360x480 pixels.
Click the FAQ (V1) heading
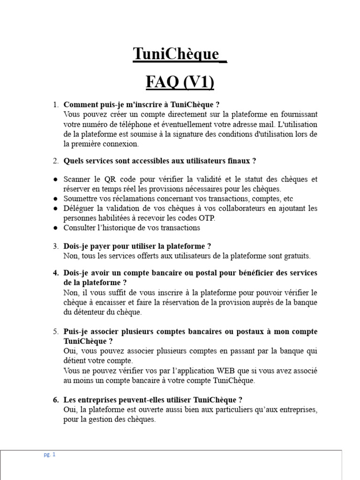click(180, 82)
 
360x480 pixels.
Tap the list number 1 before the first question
click(55, 105)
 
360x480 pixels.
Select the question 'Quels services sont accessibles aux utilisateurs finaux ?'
click(160, 161)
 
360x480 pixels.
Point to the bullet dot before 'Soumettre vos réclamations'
click(56, 199)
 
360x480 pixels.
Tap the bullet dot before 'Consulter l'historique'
click(56, 228)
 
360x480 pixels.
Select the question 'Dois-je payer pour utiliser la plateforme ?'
click(137, 246)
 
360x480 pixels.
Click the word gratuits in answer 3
click(296, 256)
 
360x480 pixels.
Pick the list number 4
click(55, 273)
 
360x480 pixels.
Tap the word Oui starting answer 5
click(70, 351)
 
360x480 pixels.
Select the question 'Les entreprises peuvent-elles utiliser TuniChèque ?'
click(153, 400)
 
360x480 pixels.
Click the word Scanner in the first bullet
click(77, 179)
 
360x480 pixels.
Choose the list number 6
click(55, 400)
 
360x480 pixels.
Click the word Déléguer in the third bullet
click(79, 208)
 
